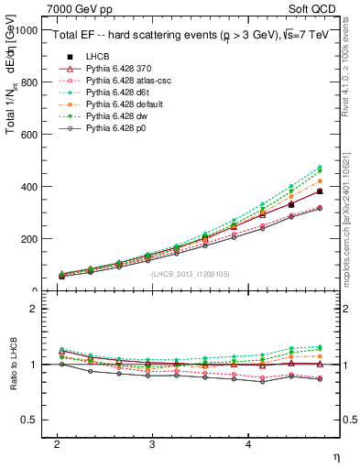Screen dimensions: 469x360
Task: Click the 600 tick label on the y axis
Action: (28, 134)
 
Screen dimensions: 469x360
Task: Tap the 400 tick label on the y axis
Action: (28, 186)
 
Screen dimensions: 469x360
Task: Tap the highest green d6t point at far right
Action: (320, 167)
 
